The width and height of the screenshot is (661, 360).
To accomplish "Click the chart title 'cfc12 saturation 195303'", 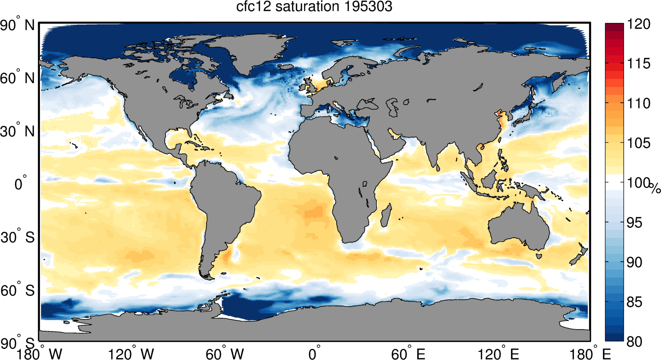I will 314,7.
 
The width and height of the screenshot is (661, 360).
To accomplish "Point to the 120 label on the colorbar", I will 639,24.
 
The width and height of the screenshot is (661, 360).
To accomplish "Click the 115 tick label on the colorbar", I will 639,64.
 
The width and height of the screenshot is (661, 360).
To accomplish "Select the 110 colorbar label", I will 639,103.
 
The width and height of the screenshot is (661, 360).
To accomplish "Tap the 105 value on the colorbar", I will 639,143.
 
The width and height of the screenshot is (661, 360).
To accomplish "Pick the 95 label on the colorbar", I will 634,222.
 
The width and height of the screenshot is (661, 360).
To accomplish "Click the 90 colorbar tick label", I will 634,262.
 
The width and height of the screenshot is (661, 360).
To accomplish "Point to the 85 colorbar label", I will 634,302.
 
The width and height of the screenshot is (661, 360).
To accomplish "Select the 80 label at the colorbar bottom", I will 634,342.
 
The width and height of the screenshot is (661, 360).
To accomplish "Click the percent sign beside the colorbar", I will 655,188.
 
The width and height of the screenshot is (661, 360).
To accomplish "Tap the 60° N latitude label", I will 18,78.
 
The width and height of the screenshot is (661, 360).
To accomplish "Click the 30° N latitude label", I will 18,131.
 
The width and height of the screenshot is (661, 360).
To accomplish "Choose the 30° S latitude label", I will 18,237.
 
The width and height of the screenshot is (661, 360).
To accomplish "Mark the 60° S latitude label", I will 18,290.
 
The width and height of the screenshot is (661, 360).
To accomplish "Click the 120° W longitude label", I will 131,354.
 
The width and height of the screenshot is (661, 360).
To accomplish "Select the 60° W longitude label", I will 224,354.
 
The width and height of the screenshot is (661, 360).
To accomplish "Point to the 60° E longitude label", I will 408,354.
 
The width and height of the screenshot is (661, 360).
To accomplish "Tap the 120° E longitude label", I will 499,354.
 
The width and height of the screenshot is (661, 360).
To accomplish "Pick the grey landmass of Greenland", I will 249,51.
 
